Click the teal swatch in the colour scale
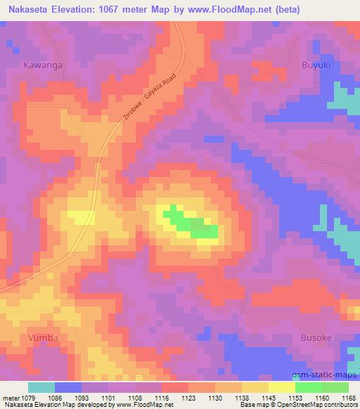pos(41,387)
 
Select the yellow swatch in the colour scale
pos(282,387)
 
